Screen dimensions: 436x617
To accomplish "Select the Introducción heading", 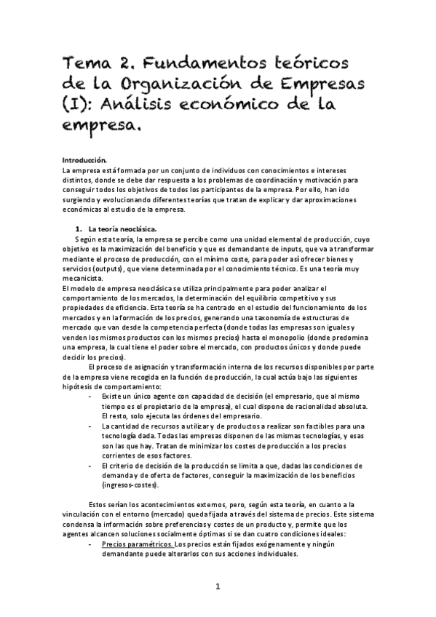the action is pos(84,159).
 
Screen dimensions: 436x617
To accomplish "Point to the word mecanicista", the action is pos(82,279).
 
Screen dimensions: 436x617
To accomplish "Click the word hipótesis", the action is pos(79,386).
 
